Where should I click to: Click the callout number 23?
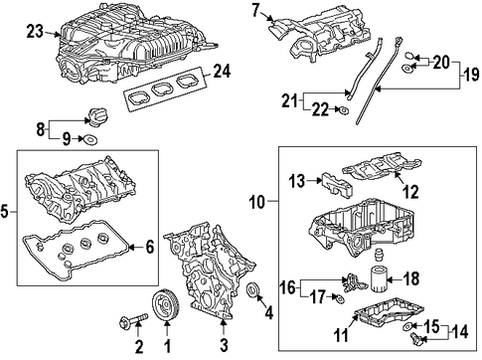click(x=35, y=32)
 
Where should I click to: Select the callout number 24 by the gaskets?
click(x=222, y=71)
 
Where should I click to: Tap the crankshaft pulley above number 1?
click(x=166, y=305)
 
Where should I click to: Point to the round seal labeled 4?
click(x=254, y=290)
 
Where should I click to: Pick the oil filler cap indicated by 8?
click(x=97, y=116)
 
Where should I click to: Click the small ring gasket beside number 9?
click(x=89, y=140)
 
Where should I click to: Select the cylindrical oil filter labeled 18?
click(x=378, y=280)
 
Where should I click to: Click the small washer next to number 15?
click(x=407, y=327)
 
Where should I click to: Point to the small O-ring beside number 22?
click(x=344, y=109)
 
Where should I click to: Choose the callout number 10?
click(x=257, y=202)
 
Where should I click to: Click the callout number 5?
click(x=4, y=211)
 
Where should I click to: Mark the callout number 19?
click(x=471, y=75)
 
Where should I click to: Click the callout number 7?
click(x=255, y=10)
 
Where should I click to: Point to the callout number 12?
click(x=410, y=191)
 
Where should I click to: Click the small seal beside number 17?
click(x=340, y=299)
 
